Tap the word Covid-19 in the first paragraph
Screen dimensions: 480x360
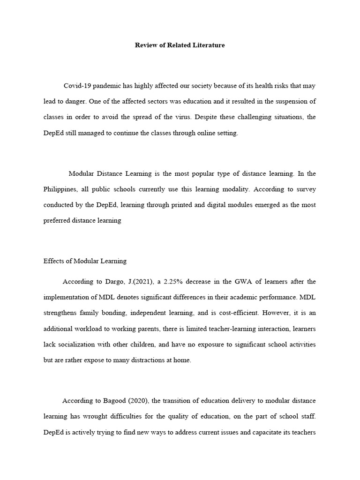(x=78, y=86)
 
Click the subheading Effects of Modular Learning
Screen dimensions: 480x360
(x=85, y=261)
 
